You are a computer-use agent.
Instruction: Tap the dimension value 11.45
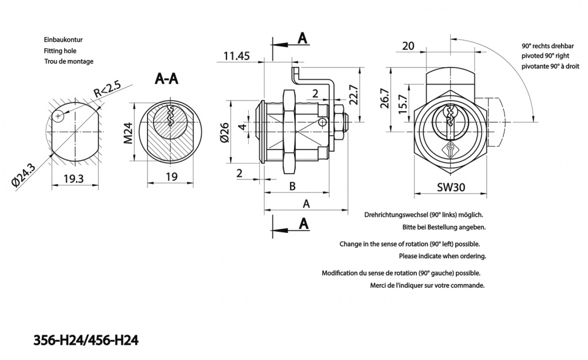click(x=237, y=56)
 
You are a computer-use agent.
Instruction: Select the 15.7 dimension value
click(x=403, y=106)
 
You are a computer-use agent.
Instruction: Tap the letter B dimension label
click(x=292, y=187)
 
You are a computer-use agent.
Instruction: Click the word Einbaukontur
click(x=63, y=39)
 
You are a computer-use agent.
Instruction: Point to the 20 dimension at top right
click(x=409, y=46)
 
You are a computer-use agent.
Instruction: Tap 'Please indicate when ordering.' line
click(x=442, y=256)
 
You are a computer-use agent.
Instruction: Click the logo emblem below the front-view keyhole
click(x=450, y=149)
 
